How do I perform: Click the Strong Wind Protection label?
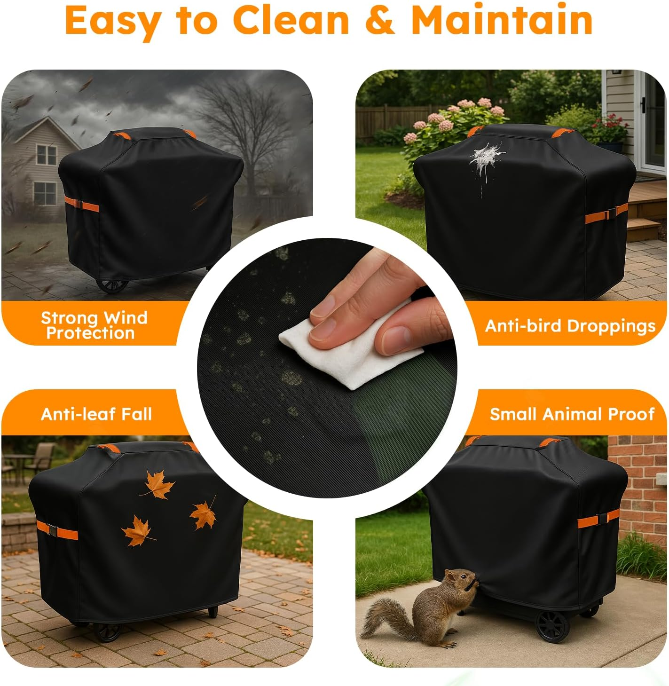pyautogui.click(x=94, y=325)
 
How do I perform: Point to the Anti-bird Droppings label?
pyautogui.click(x=570, y=326)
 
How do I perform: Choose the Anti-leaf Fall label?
pyautogui.click(x=96, y=414)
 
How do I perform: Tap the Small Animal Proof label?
pyautogui.click(x=572, y=414)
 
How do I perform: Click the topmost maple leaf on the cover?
pyautogui.click(x=159, y=484)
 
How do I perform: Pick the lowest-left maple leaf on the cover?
pyautogui.click(x=137, y=531)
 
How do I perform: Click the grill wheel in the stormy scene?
pyautogui.click(x=112, y=285)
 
